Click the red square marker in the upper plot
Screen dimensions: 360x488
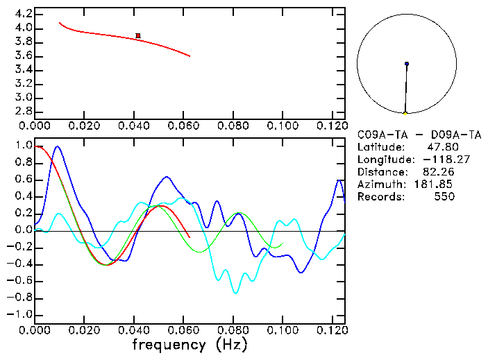(x=138, y=35)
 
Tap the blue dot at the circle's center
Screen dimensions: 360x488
(x=407, y=64)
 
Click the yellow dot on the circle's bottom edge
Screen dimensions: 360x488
(x=405, y=112)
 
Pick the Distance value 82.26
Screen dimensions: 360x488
(x=437, y=172)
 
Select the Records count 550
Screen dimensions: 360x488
(x=445, y=196)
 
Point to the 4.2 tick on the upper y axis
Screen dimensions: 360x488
(x=23, y=14)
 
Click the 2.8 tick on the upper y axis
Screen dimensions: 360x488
(x=23, y=111)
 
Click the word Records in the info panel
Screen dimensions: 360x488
(x=379, y=196)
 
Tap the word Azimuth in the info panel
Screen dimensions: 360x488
(x=379, y=184)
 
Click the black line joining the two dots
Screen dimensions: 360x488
(x=406, y=88)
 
